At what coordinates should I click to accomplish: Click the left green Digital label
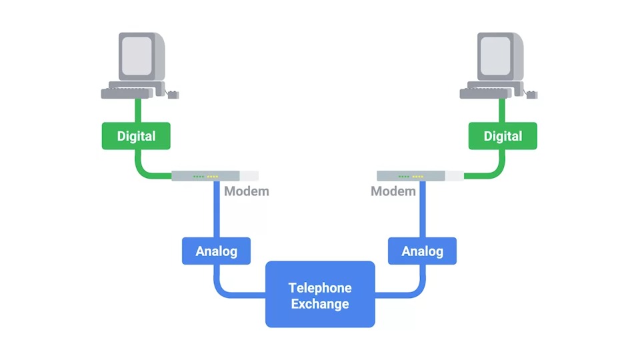(136, 136)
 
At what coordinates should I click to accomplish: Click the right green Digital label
(503, 136)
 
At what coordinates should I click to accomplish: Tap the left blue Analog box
(216, 251)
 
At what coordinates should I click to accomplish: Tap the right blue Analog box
(422, 251)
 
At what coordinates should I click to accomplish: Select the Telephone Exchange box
(320, 294)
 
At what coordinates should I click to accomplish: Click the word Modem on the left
(246, 192)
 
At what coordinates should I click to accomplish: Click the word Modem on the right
(393, 192)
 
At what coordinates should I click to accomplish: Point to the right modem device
(420, 176)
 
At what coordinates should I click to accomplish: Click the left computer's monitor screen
(137, 55)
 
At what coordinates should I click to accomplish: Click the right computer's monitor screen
(496, 55)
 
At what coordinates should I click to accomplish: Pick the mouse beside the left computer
(173, 95)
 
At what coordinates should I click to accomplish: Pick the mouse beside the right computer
(532, 95)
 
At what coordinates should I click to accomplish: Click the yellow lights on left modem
(213, 177)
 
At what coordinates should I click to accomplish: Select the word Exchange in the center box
(320, 305)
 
